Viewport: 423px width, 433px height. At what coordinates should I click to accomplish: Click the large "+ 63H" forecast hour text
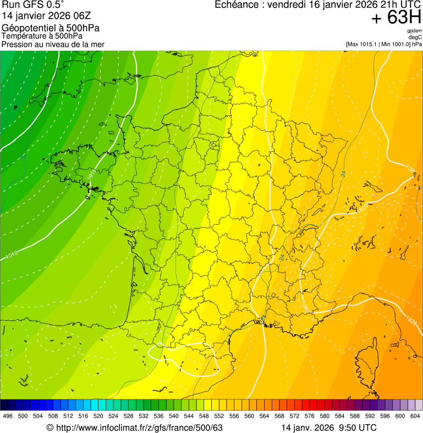tap(396, 18)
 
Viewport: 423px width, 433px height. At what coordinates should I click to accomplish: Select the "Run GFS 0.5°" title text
tap(33, 5)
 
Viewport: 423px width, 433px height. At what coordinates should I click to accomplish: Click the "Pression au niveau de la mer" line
tap(53, 44)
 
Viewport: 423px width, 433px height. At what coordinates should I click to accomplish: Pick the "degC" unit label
tap(415, 37)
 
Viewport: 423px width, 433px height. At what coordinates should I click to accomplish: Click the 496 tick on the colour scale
tap(8, 416)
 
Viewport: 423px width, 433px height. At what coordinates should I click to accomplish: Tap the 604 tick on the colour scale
tap(415, 416)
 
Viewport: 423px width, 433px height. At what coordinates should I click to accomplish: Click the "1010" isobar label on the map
tap(12, 255)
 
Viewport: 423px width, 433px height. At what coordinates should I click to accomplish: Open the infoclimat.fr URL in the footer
tap(138, 427)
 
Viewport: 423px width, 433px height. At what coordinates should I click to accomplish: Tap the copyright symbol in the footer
tap(50, 427)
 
